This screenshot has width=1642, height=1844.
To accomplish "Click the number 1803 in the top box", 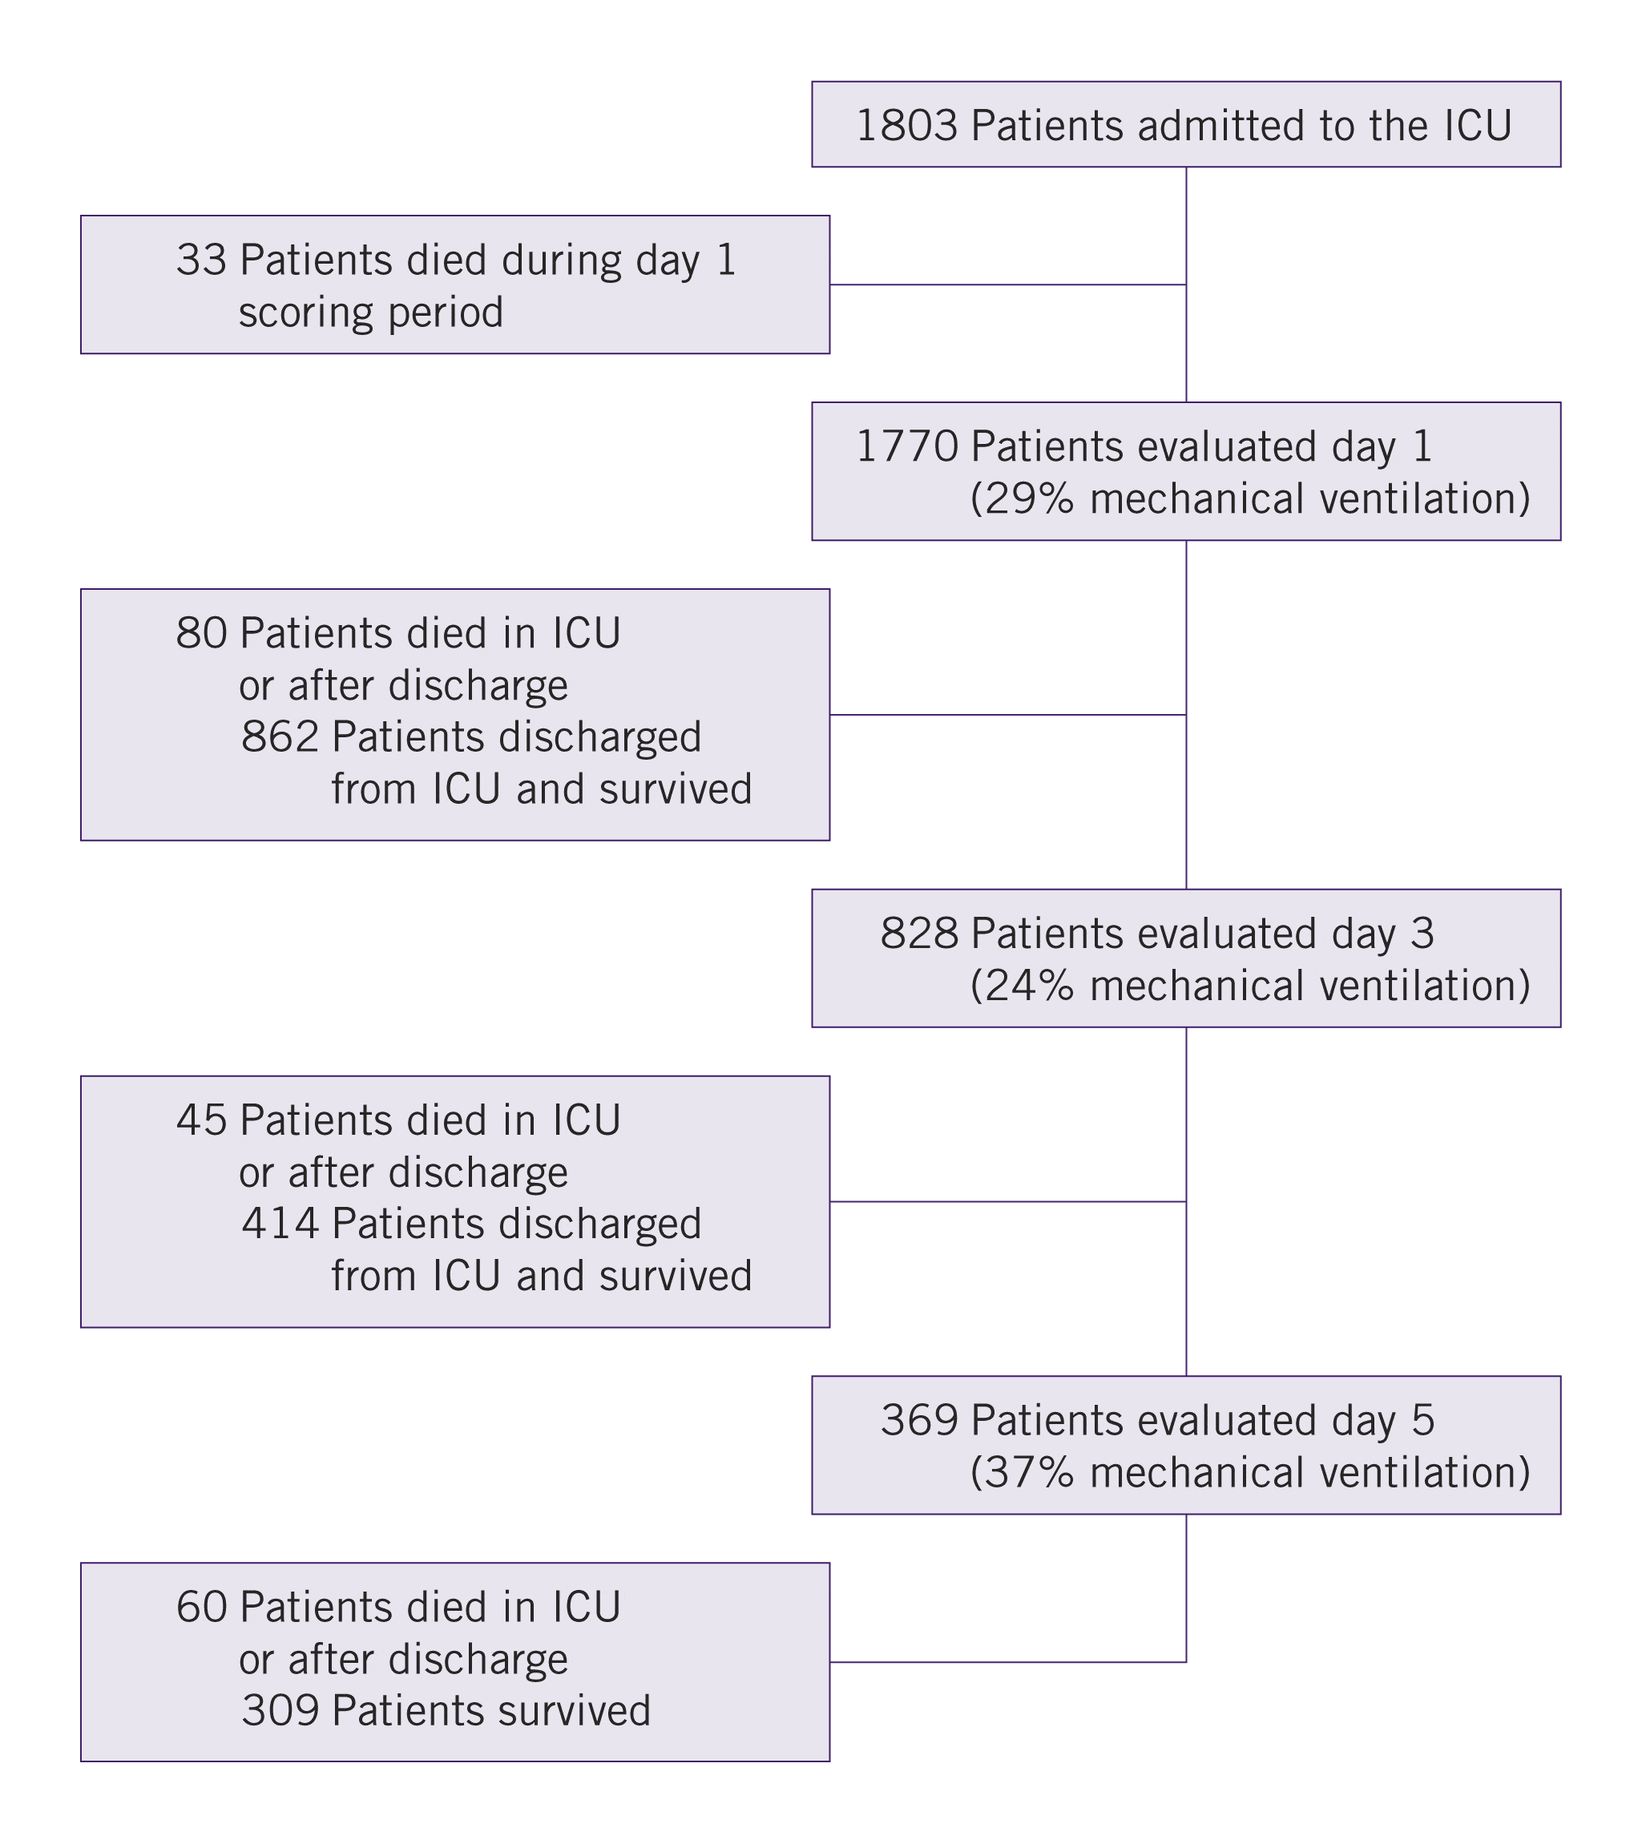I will coord(906,125).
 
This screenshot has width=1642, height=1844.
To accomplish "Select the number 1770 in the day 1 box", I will coord(906,446).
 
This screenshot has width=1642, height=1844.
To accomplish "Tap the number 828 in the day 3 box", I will coord(918,934).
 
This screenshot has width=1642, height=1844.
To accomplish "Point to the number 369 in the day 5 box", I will coord(918,1420).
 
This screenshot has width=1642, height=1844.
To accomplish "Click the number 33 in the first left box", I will coord(201,260).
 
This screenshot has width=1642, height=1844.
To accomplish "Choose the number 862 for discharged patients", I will coord(280,737).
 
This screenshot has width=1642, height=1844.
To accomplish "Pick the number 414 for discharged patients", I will coord(280,1225).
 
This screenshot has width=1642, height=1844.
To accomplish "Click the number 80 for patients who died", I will coord(201,633).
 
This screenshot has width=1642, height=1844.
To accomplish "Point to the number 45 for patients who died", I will coord(201,1120).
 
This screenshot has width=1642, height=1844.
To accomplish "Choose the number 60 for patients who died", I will coord(201,1607).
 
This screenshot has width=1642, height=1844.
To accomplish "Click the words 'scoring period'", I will coord(370,313).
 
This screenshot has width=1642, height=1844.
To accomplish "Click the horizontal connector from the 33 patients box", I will coord(1006,285).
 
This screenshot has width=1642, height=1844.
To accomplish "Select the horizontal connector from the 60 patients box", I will coord(1006,1662).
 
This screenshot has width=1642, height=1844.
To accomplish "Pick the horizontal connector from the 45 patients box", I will coord(1006,1201).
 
